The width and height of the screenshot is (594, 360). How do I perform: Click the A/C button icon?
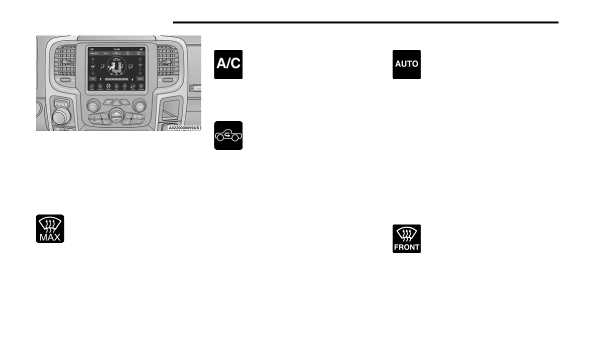coord(228,64)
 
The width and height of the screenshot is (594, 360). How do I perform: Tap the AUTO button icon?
coord(406,64)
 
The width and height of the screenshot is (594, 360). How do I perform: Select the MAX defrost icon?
coord(50,229)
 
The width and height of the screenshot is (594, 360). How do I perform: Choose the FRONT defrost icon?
coord(406,238)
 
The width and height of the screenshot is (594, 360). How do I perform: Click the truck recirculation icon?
coord(228,135)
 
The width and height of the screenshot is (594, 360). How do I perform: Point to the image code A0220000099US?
coord(183,127)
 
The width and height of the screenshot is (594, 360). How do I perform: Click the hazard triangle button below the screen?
coord(116,102)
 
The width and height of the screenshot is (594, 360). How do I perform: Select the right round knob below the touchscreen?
coord(140,105)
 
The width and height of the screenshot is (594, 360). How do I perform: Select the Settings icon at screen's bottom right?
coord(140,87)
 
